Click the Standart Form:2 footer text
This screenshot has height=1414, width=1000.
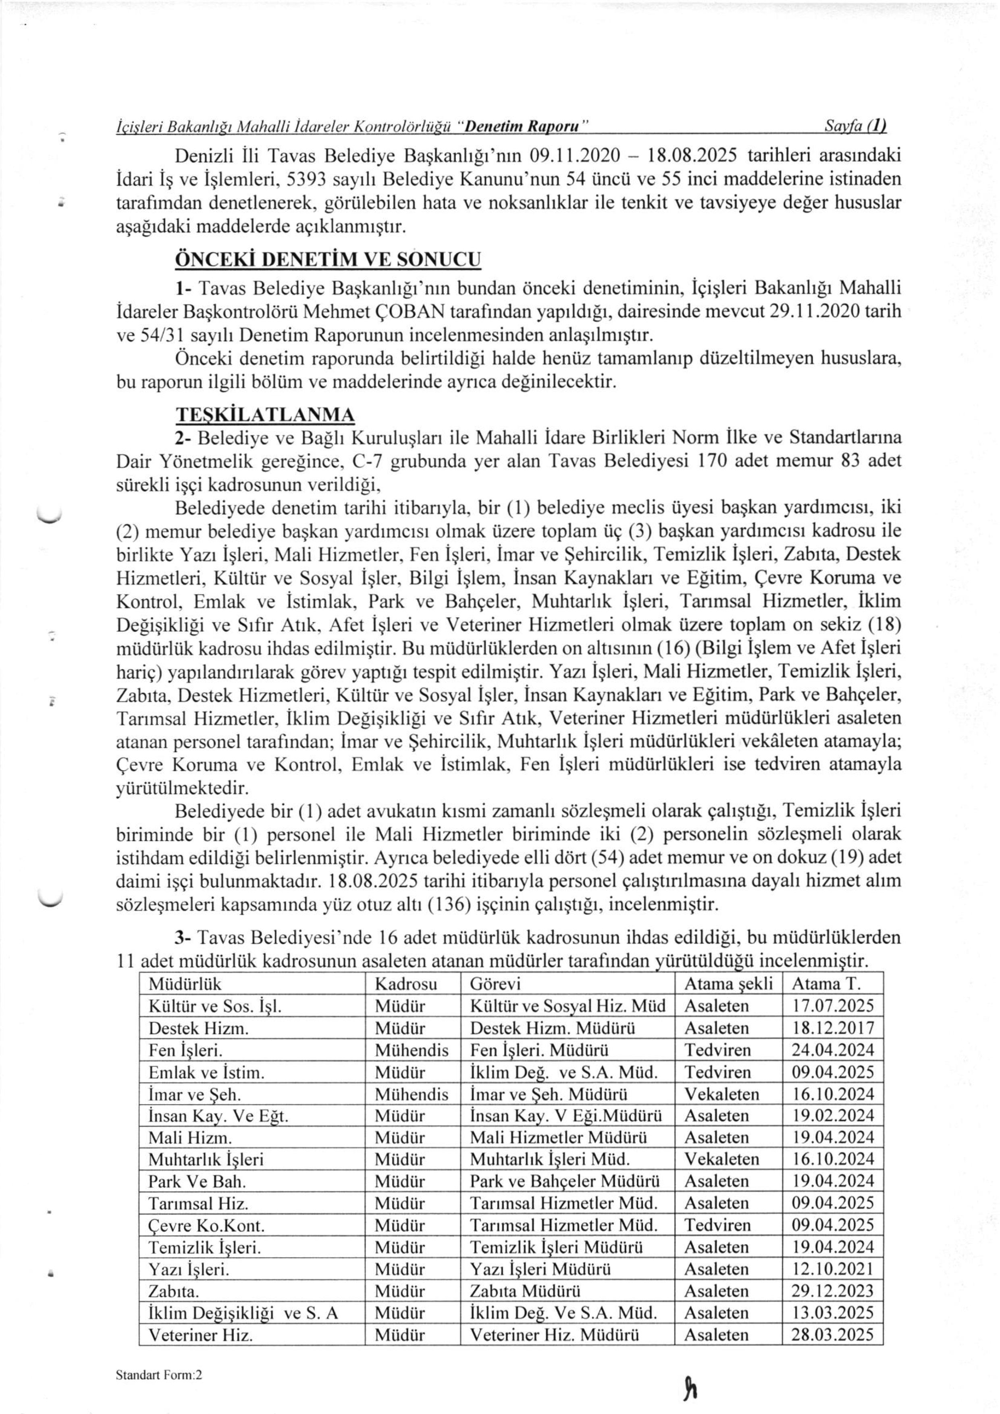click(x=159, y=1337)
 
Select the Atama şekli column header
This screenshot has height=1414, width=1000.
click(x=728, y=983)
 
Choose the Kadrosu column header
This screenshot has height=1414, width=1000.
click(x=406, y=983)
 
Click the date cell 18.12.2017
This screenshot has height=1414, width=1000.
click(x=832, y=1028)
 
